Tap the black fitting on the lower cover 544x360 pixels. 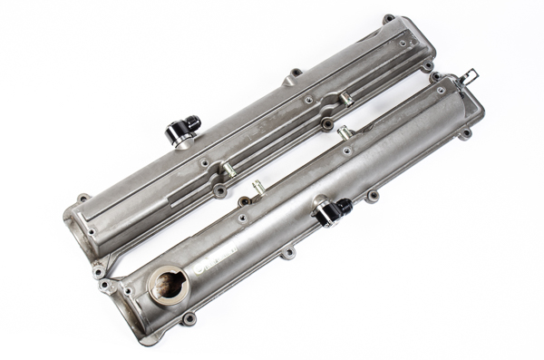pyautogui.click(x=329, y=210)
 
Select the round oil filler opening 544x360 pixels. pyautogui.click(x=168, y=285)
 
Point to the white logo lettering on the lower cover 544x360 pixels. pyautogui.click(x=216, y=261)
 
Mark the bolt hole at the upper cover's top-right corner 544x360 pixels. pyautogui.click(x=389, y=19)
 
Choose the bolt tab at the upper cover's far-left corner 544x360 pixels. pyautogui.click(x=83, y=199)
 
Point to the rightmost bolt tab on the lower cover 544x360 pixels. pyautogui.click(x=466, y=134)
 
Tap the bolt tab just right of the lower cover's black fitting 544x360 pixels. pyautogui.click(x=372, y=195)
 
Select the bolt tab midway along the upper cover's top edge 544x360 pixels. pyautogui.click(x=296, y=73)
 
